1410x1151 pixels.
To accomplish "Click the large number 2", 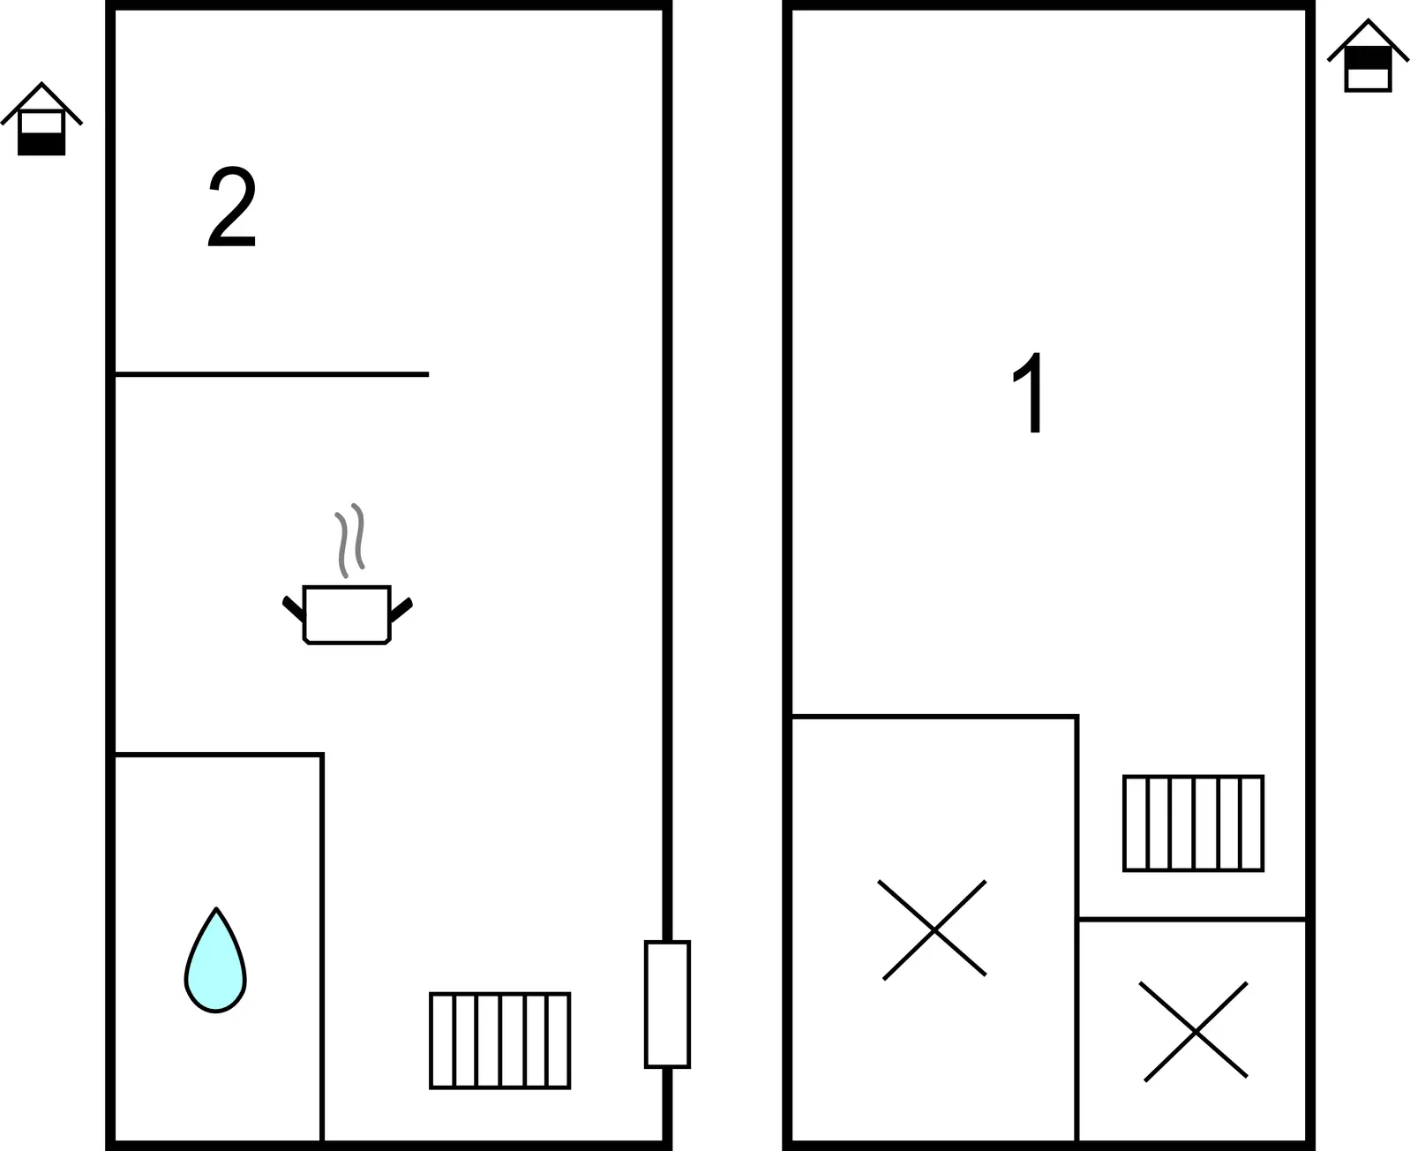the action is (x=232, y=206).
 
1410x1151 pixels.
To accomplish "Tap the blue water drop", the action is (x=215, y=959).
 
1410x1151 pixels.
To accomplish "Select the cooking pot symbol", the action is (x=347, y=614).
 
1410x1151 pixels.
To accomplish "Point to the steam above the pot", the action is (x=350, y=540).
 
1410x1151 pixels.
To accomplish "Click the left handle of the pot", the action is (x=294, y=609).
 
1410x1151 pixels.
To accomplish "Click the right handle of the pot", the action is (x=401, y=609).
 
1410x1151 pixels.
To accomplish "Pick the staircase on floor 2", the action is (x=499, y=1042).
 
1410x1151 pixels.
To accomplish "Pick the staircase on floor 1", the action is (x=1193, y=824).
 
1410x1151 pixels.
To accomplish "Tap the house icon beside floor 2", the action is (x=41, y=119).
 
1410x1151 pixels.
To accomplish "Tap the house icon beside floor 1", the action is (x=1368, y=55).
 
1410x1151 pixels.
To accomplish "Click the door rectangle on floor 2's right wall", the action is (x=667, y=1004).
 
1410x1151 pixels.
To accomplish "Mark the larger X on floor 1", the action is (x=934, y=929).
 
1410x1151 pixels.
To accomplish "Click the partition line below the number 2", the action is (x=272, y=374).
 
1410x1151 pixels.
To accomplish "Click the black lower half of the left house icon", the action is (x=41, y=144).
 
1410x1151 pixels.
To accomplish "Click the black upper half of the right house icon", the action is (x=1368, y=57).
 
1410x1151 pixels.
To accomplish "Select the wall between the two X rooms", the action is (x=1077, y=929).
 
